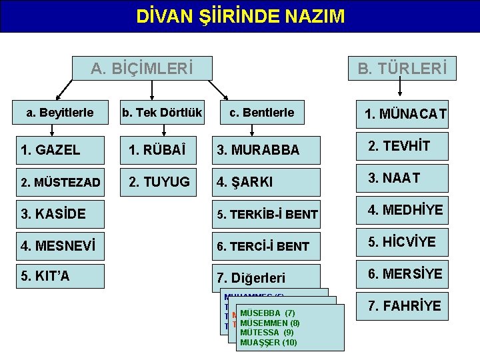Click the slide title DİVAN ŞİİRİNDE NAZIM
(240, 16)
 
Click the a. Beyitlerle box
(60, 113)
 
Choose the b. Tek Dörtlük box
(161, 113)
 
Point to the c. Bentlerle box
(261, 113)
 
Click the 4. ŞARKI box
(267, 182)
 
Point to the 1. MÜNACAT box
(405, 115)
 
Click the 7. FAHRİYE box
(405, 306)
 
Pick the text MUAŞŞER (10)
(269, 343)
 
